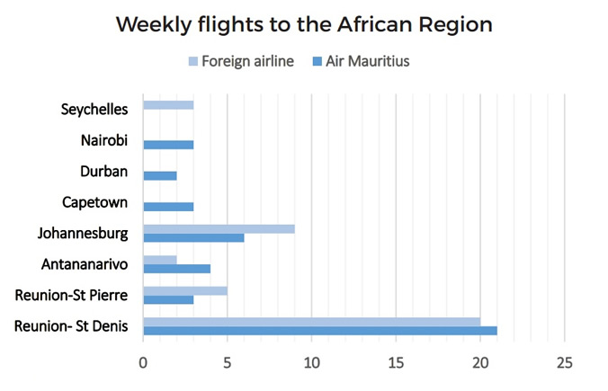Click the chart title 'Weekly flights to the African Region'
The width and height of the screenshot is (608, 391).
click(x=304, y=24)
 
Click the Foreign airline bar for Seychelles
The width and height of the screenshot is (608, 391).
click(x=168, y=105)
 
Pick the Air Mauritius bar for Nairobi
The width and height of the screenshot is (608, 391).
click(x=168, y=144)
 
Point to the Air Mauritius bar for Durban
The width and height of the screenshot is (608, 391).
click(x=160, y=175)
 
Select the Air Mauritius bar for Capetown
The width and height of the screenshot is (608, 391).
click(x=168, y=207)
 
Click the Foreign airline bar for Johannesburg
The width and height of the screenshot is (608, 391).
click(x=219, y=228)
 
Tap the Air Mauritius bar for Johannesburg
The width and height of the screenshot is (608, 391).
click(x=193, y=238)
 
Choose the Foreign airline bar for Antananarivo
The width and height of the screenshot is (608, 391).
click(x=160, y=260)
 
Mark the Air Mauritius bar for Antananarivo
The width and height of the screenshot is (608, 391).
click(x=176, y=269)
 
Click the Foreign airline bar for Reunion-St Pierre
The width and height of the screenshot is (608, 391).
click(x=185, y=290)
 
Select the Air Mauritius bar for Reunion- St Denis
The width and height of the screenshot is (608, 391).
click(x=320, y=331)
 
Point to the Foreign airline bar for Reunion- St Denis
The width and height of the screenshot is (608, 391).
click(x=311, y=321)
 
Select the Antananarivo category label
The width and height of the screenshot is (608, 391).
click(x=85, y=264)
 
